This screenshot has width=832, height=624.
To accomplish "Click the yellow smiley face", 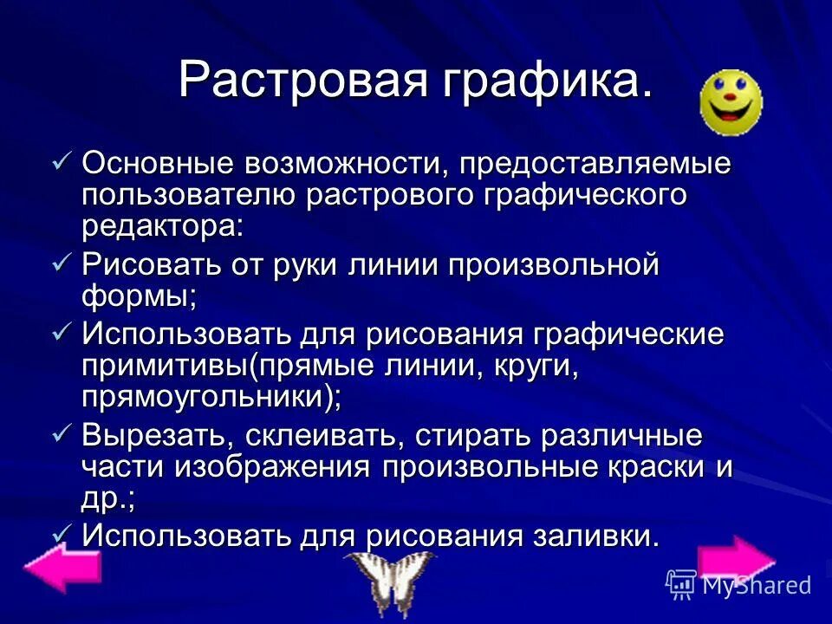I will pos(731,103).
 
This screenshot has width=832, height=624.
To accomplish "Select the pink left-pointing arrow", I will pos(62,569).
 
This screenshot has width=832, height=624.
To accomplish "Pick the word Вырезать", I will pos(154,436).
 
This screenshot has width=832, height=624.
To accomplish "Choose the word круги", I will pos(535,365).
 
